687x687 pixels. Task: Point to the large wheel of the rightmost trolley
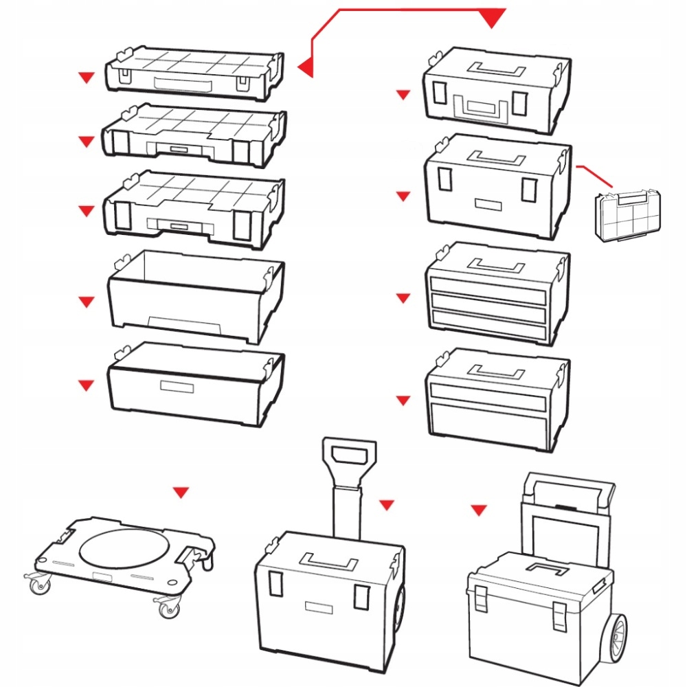[613, 635]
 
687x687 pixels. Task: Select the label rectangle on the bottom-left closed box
[177, 386]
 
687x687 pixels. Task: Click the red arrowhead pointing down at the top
[492, 19]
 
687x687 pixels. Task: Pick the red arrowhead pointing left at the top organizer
[306, 67]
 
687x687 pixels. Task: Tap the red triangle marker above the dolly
[181, 492]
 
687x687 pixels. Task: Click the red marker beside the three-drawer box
[403, 298]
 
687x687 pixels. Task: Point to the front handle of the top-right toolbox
[485, 106]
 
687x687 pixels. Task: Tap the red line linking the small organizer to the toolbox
[595, 175]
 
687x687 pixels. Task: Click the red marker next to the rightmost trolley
[479, 510]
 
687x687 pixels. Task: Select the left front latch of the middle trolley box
[275, 583]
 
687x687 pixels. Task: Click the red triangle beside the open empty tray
[86, 302]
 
